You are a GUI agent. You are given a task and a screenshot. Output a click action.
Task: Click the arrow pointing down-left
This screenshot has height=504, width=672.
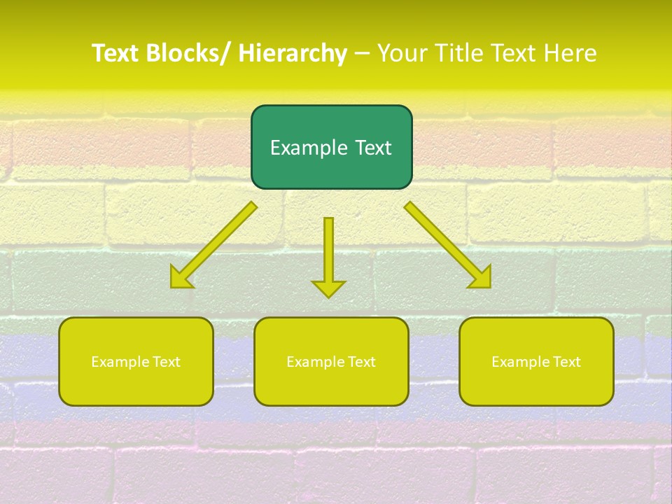[x=217, y=242]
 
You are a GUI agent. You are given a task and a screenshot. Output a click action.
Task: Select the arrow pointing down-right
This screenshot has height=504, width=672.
[x=445, y=242]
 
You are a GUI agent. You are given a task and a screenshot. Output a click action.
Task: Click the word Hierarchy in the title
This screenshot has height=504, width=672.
[x=293, y=53]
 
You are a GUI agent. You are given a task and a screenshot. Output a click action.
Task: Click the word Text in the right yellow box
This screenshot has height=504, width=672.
[x=566, y=362]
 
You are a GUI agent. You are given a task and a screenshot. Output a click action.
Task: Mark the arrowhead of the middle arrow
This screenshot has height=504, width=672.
[x=328, y=288]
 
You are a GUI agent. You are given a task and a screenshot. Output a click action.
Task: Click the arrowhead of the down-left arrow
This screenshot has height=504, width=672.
[x=179, y=279]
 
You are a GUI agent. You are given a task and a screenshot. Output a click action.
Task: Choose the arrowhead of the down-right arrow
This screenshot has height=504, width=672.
[x=482, y=279]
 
